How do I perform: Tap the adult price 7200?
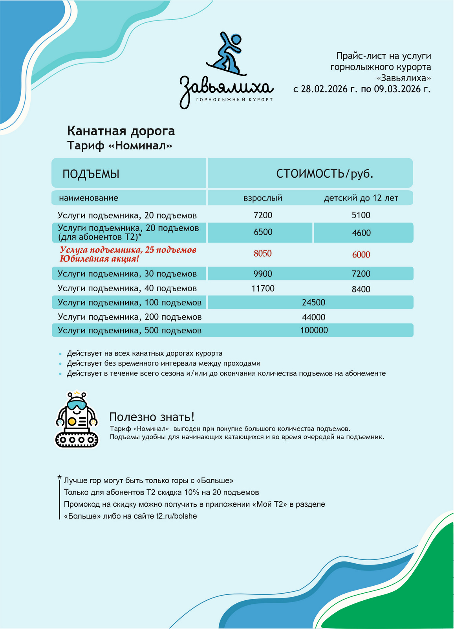coord(263,215)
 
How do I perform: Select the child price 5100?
coord(361,215)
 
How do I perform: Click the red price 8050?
coord(262,254)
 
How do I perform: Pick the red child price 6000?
coord(361,255)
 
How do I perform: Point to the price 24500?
coord(313,303)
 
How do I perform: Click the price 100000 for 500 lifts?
coord(314,331)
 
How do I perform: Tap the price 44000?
coord(313,317)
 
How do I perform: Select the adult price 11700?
coord(263,289)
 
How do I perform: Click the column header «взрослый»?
coord(263,198)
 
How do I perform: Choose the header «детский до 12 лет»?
coord(361,198)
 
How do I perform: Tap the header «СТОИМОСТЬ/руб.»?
coord(324,174)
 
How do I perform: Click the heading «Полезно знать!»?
coord(152,417)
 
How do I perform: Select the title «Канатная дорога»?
coord(121,131)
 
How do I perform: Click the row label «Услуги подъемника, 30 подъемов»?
coord(127,274)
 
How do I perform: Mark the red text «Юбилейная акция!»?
coord(99,259)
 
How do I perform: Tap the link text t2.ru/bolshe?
coord(176,516)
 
